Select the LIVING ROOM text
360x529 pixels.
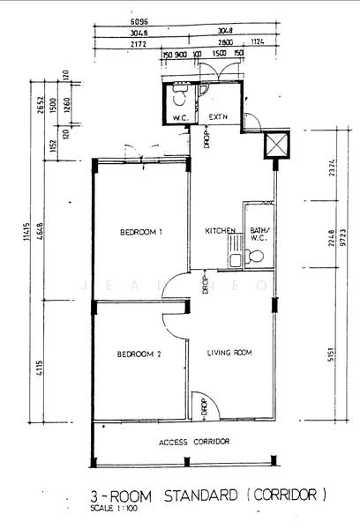229,353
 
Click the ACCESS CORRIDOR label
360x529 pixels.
194,441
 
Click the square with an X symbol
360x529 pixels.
276,145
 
